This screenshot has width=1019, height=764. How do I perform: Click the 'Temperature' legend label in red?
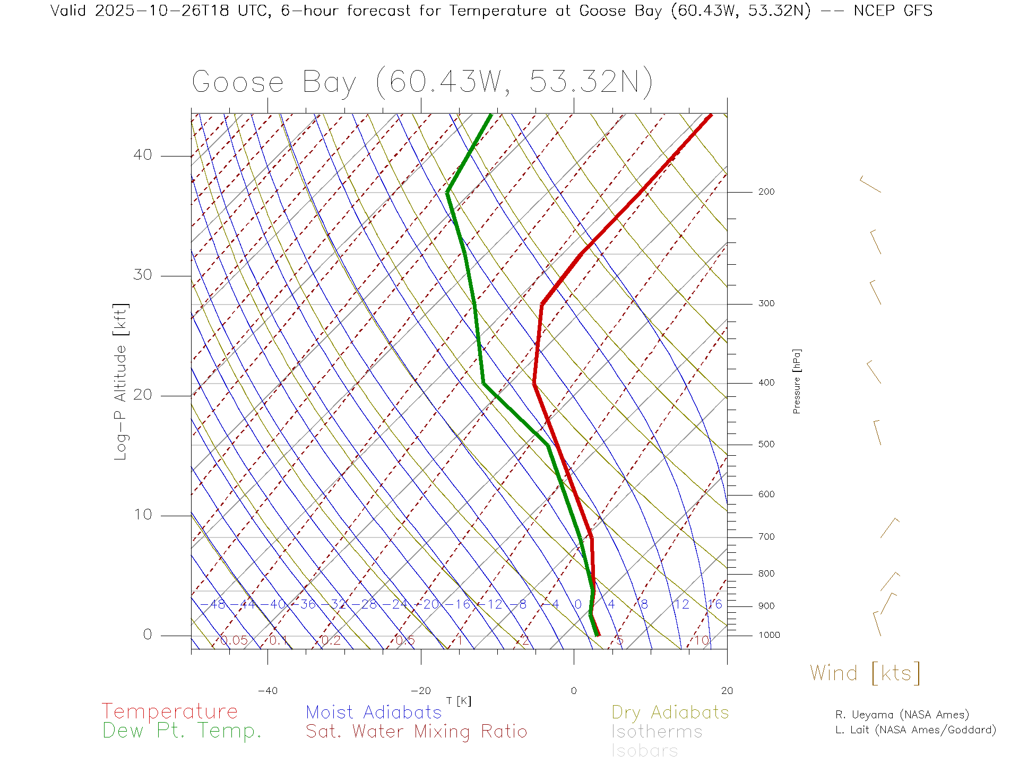[x=170, y=711]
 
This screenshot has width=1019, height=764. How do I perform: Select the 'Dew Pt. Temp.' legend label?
[x=182, y=731]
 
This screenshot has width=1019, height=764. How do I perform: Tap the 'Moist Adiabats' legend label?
[x=374, y=712]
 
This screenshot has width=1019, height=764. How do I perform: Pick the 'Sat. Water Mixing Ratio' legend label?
[x=416, y=732]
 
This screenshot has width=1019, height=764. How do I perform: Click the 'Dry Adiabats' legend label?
[x=670, y=712]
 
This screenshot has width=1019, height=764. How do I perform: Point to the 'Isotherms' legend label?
[x=657, y=732]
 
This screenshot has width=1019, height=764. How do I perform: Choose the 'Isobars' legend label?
[x=645, y=751]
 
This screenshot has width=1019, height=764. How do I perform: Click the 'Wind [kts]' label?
[x=865, y=673]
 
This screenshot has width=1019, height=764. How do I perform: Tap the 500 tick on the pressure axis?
[x=766, y=444]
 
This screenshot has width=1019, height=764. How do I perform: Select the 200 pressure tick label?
[x=766, y=192]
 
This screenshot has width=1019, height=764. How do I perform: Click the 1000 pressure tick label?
[x=769, y=635]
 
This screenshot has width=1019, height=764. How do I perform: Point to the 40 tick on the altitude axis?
[x=142, y=155]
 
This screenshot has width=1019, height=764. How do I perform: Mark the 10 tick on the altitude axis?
[x=142, y=515]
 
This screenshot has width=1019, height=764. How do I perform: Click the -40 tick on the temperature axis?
[x=267, y=691]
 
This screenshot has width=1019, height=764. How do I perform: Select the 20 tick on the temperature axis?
[x=727, y=691]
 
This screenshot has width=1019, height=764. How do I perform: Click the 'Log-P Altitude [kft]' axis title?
[x=121, y=381]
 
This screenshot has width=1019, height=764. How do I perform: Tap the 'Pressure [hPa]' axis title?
[x=797, y=381]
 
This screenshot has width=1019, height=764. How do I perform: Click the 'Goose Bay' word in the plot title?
[x=274, y=82]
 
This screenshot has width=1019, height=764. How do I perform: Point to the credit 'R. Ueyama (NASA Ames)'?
[x=902, y=715]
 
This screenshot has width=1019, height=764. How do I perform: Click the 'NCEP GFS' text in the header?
[x=893, y=11]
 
